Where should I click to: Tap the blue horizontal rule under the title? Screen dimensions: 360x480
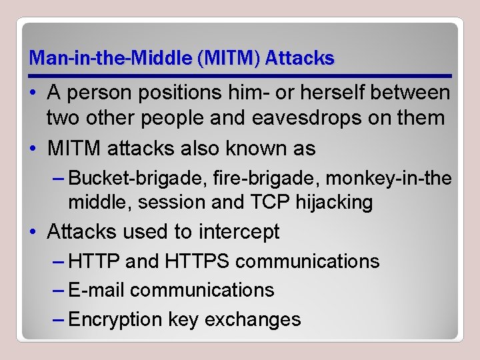coord(240,76)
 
